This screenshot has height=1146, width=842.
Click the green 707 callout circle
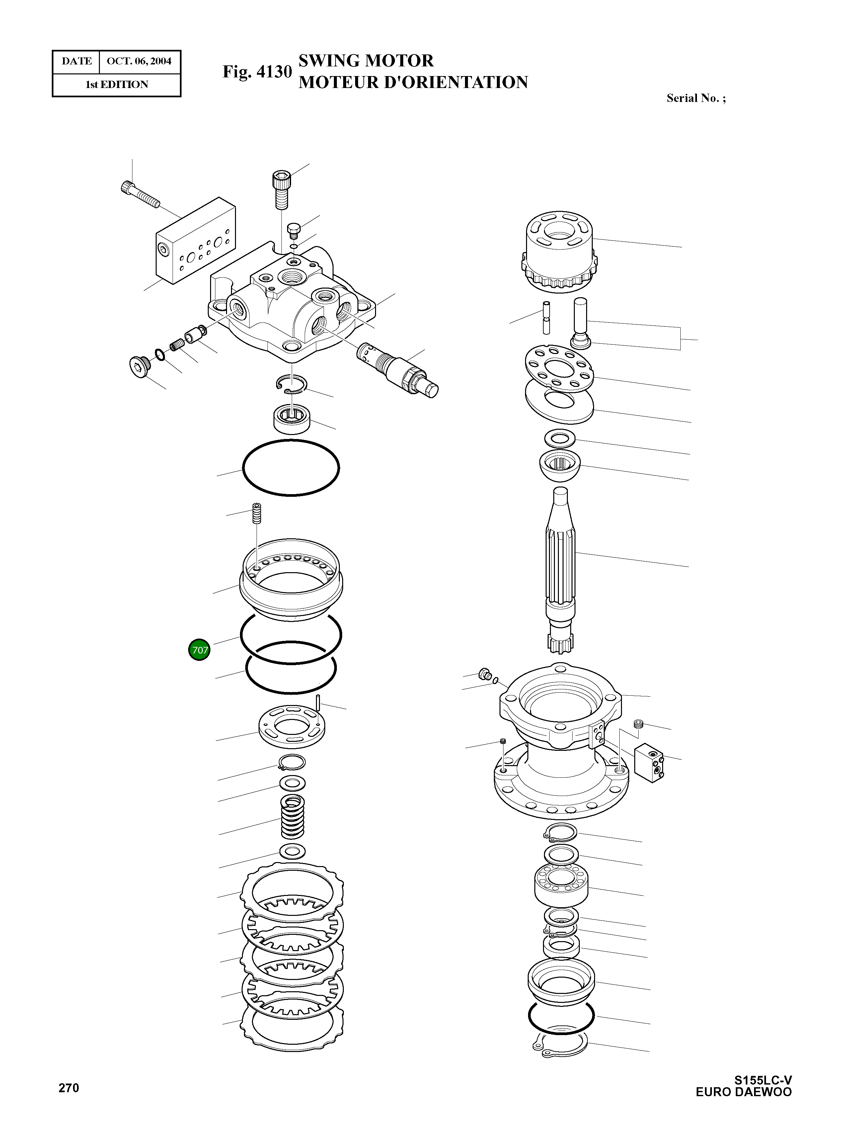coord(199,650)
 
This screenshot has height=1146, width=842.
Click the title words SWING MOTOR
coord(365,61)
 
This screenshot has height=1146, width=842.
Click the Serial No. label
coord(696,98)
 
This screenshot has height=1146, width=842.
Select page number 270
coord(69,1088)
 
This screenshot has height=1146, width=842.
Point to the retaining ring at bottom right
coord(561,1043)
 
